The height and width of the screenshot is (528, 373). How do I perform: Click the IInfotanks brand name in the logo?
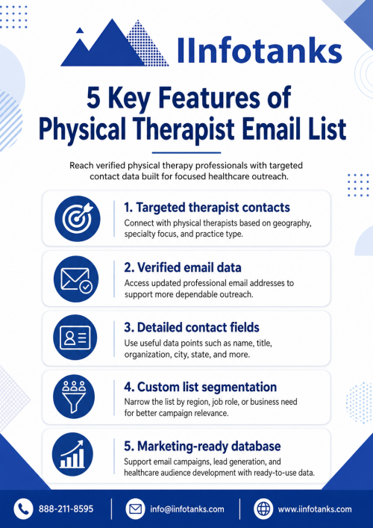[x=260, y=50]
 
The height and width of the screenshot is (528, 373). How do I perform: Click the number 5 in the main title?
[x=94, y=99]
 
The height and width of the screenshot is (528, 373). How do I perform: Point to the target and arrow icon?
[x=77, y=219]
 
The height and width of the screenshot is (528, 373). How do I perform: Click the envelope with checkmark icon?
[x=76, y=279]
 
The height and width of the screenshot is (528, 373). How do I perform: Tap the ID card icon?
[x=75, y=338]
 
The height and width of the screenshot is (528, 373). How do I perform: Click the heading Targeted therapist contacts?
[x=207, y=208]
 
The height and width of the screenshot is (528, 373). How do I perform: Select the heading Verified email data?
[x=183, y=267]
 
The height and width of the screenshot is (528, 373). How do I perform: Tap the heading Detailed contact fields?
[x=192, y=327]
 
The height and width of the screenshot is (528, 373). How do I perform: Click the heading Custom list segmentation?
[x=201, y=387]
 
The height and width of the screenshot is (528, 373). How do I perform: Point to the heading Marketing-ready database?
[x=202, y=446]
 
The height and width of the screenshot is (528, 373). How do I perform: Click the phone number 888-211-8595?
[x=66, y=509]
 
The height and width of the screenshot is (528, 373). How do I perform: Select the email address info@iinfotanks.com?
[x=187, y=509]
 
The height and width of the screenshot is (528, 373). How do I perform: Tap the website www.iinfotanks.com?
[x=315, y=509]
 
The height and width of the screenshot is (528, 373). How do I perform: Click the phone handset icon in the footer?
[x=23, y=509]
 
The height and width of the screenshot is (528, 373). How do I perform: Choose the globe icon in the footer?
[x=263, y=509]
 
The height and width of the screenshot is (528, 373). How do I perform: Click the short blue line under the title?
[x=186, y=153]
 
